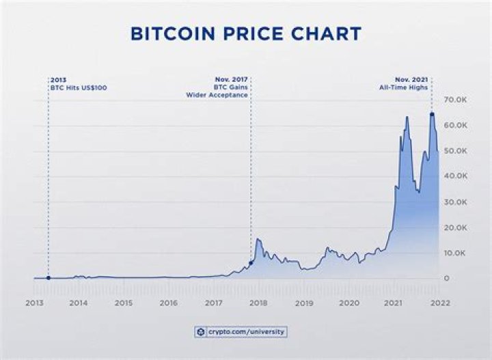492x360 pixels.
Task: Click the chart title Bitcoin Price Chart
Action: pos(246,33)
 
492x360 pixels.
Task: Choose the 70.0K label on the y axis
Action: pos(455,100)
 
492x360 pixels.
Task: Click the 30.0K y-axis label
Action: pos(455,202)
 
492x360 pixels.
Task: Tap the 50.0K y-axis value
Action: pos(455,151)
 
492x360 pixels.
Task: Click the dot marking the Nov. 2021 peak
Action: pos(432,114)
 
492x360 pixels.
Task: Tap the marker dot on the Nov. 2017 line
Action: pos(251,262)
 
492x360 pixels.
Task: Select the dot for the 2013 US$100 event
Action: pos(48,277)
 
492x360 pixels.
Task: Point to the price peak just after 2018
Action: pos(258,239)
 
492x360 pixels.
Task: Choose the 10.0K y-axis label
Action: pos(455,253)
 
